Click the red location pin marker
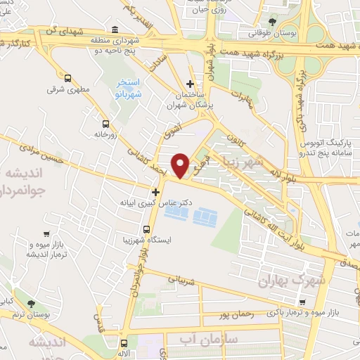coord(181,165)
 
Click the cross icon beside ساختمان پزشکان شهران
coord(190,84)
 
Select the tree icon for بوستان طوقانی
coord(272,22)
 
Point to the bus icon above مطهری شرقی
coord(67,78)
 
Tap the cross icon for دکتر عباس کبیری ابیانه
coord(155,191)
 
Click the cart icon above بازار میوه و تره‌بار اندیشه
coord(46,234)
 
